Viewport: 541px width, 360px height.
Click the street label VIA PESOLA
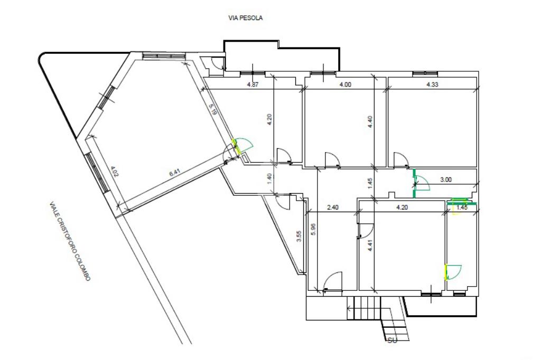pos(245,17)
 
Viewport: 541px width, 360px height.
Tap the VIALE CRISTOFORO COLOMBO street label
pos(70,241)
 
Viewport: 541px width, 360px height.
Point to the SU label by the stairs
pos(393,340)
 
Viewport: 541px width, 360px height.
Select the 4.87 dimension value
pos(253,84)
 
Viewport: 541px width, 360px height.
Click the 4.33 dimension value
pos(432,84)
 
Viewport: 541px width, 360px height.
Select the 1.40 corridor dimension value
pos(269,178)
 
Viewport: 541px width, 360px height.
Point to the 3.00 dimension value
pos(446,179)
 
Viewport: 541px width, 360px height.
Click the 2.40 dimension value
pos(333,207)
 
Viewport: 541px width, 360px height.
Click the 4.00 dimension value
pos(346,84)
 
